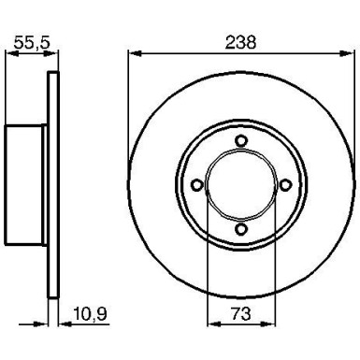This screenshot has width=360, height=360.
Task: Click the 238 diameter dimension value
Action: [241, 42]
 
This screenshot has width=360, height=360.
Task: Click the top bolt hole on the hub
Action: [240, 141]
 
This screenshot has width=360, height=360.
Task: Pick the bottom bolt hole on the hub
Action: [240, 229]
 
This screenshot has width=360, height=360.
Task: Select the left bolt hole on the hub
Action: [196, 185]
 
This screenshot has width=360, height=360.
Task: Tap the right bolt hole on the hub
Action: [284, 185]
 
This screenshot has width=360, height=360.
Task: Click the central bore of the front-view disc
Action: [240, 185]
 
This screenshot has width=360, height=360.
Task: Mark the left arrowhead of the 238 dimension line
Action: [132, 53]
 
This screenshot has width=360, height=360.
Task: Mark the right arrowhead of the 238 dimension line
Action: [348, 53]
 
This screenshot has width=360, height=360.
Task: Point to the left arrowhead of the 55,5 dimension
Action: [9, 53]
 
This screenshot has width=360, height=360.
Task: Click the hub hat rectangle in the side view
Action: [26, 185]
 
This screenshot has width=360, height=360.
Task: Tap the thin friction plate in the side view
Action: [51, 185]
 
